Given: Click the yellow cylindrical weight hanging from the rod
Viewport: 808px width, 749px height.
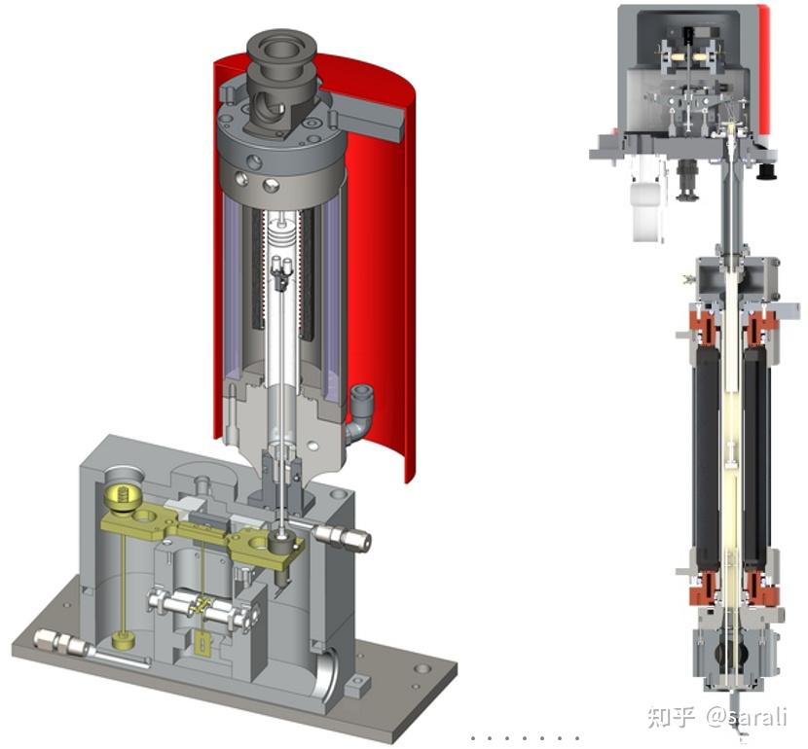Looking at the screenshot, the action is click(x=124, y=640).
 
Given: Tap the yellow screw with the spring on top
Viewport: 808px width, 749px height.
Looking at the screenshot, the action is click(x=123, y=498).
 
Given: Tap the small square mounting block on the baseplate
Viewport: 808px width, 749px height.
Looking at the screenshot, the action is click(x=357, y=684).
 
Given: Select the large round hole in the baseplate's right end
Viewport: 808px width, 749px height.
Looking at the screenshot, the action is click(x=422, y=669).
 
